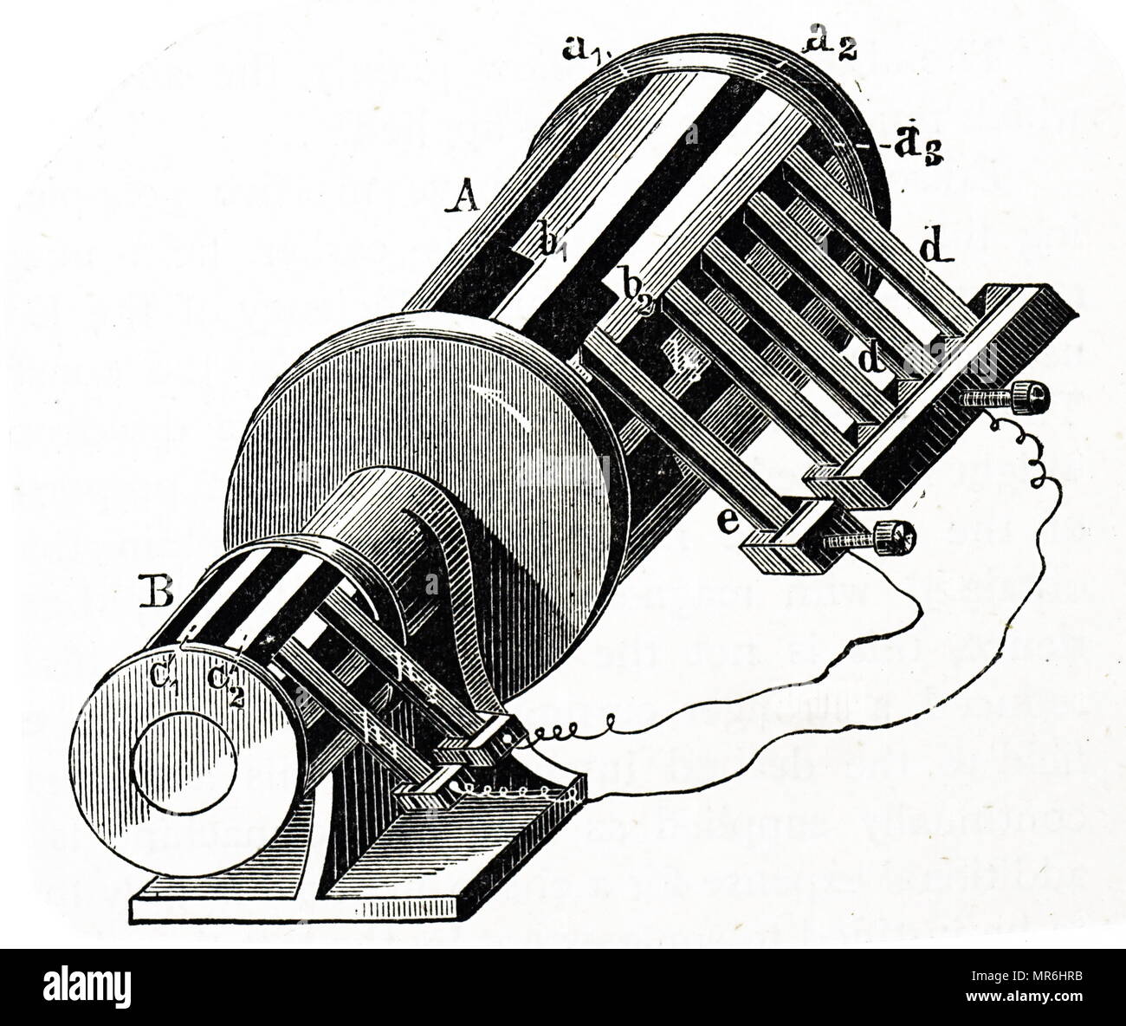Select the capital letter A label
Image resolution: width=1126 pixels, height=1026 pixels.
(x=464, y=200)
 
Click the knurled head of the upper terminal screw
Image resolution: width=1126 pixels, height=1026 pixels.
(x=1032, y=397)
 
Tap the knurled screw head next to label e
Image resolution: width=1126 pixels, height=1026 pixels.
(x=895, y=538)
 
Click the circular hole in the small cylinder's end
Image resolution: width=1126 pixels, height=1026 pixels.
(x=184, y=762)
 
